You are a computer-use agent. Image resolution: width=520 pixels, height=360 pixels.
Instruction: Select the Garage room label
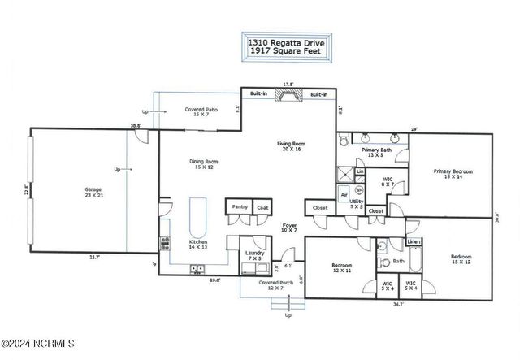coord(93,193)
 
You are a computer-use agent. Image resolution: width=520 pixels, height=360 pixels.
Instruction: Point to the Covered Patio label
coord(201,111)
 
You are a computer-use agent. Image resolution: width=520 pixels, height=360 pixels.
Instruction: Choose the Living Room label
coord(290,146)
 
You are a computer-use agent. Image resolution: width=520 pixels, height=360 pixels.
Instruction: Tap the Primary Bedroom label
coord(453,174)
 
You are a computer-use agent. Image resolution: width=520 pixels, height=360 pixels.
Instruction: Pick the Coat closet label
coord(262,207)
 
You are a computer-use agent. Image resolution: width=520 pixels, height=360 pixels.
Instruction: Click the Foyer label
coord(288,228)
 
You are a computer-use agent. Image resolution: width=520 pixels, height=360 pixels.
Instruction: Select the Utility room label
coord(357,204)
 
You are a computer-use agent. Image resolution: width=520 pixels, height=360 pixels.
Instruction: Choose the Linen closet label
coord(414,241)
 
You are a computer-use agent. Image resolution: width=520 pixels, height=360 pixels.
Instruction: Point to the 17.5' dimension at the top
coord(288,83)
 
